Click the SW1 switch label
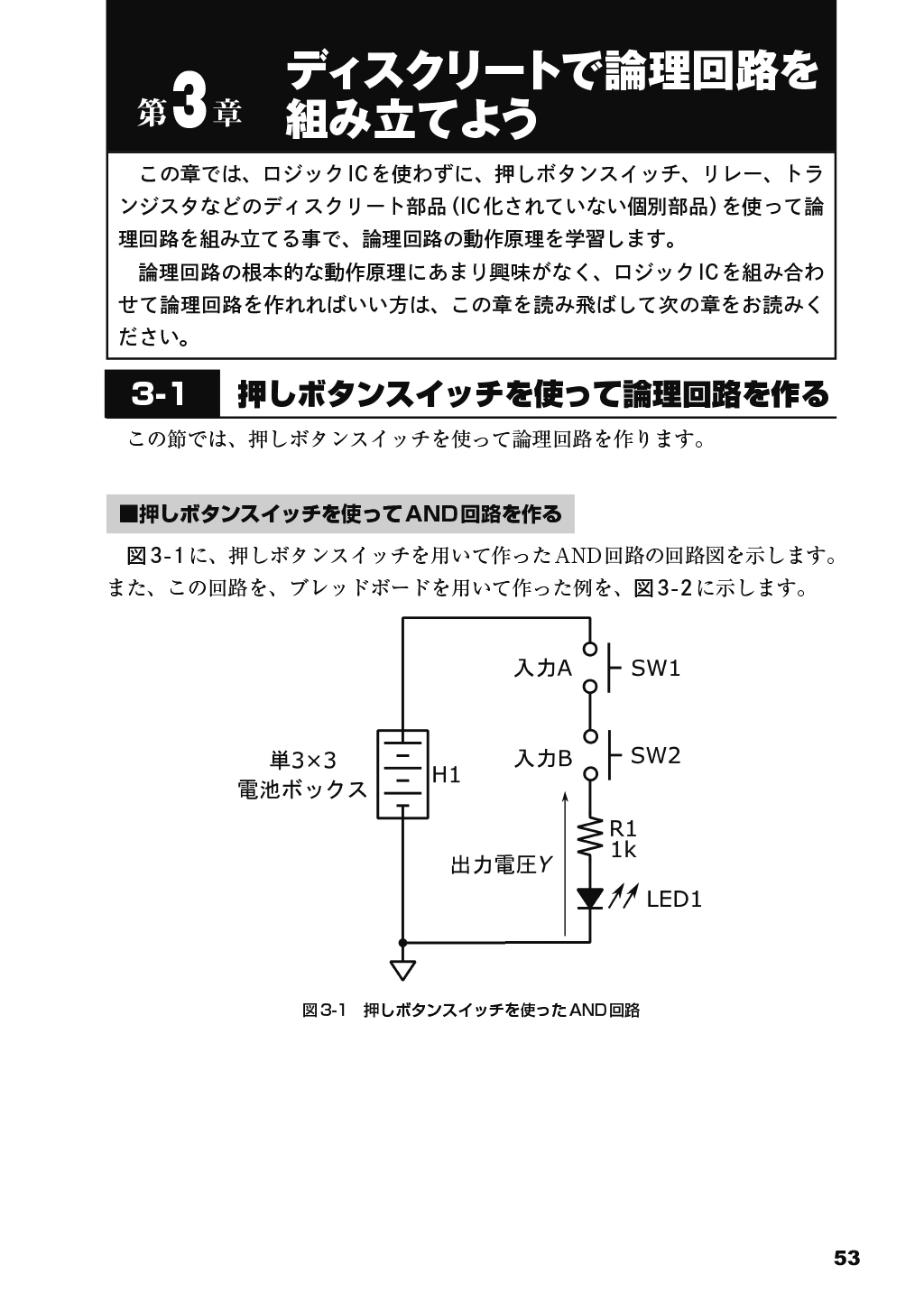point(655,669)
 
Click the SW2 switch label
point(655,755)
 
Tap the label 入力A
point(542,669)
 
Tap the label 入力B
point(542,759)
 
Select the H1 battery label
point(446,775)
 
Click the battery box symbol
point(402,774)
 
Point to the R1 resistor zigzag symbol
point(590,838)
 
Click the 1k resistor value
point(623,850)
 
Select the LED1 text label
point(673,900)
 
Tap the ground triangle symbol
point(402,970)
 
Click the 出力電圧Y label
point(502,865)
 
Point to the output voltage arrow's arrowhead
point(565,797)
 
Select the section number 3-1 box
point(162,393)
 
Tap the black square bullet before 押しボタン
point(127,514)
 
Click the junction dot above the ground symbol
point(402,942)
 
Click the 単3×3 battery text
point(302,761)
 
